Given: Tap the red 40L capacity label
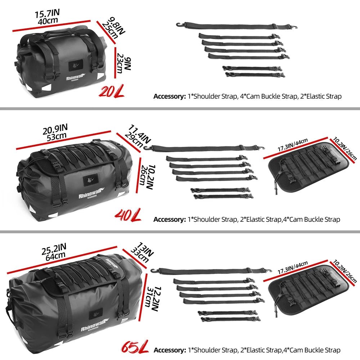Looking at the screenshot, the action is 128,215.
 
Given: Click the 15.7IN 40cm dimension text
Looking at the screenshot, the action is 47,17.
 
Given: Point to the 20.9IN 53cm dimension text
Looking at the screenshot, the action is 55,132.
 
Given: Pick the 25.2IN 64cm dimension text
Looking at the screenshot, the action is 54,252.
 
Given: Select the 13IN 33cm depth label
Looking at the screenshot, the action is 141,252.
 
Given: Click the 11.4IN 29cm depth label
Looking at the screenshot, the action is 138,136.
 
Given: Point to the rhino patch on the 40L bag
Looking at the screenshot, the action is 90,179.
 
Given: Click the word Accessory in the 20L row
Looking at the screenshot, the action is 170,96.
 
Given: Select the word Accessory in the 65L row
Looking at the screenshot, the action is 170,350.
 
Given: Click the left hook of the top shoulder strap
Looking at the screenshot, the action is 179,24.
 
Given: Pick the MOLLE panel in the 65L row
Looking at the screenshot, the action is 309,290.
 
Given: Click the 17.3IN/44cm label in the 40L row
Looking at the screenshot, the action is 292,145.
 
